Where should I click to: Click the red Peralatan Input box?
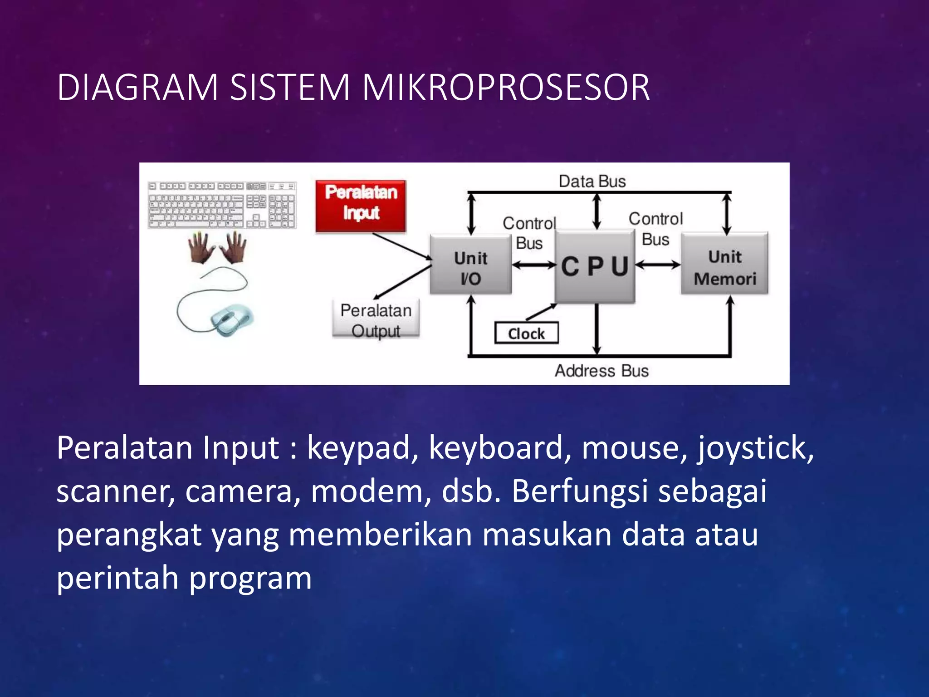pyautogui.click(x=361, y=205)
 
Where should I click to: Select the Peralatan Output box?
pyautogui.click(x=376, y=319)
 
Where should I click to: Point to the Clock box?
pyautogui.click(x=526, y=333)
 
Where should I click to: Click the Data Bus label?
pyautogui.click(x=592, y=181)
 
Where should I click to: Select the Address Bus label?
pyautogui.click(x=601, y=371)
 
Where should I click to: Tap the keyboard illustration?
pyautogui.click(x=222, y=205)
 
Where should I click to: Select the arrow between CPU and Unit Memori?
pyautogui.click(x=658, y=265)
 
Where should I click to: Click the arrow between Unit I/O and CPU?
pyautogui.click(x=533, y=265)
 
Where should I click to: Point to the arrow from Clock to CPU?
pyautogui.click(x=541, y=312)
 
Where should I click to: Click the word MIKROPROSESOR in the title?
pyautogui.click(x=505, y=87)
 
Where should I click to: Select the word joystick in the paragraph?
pyautogui.click(x=755, y=448)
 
